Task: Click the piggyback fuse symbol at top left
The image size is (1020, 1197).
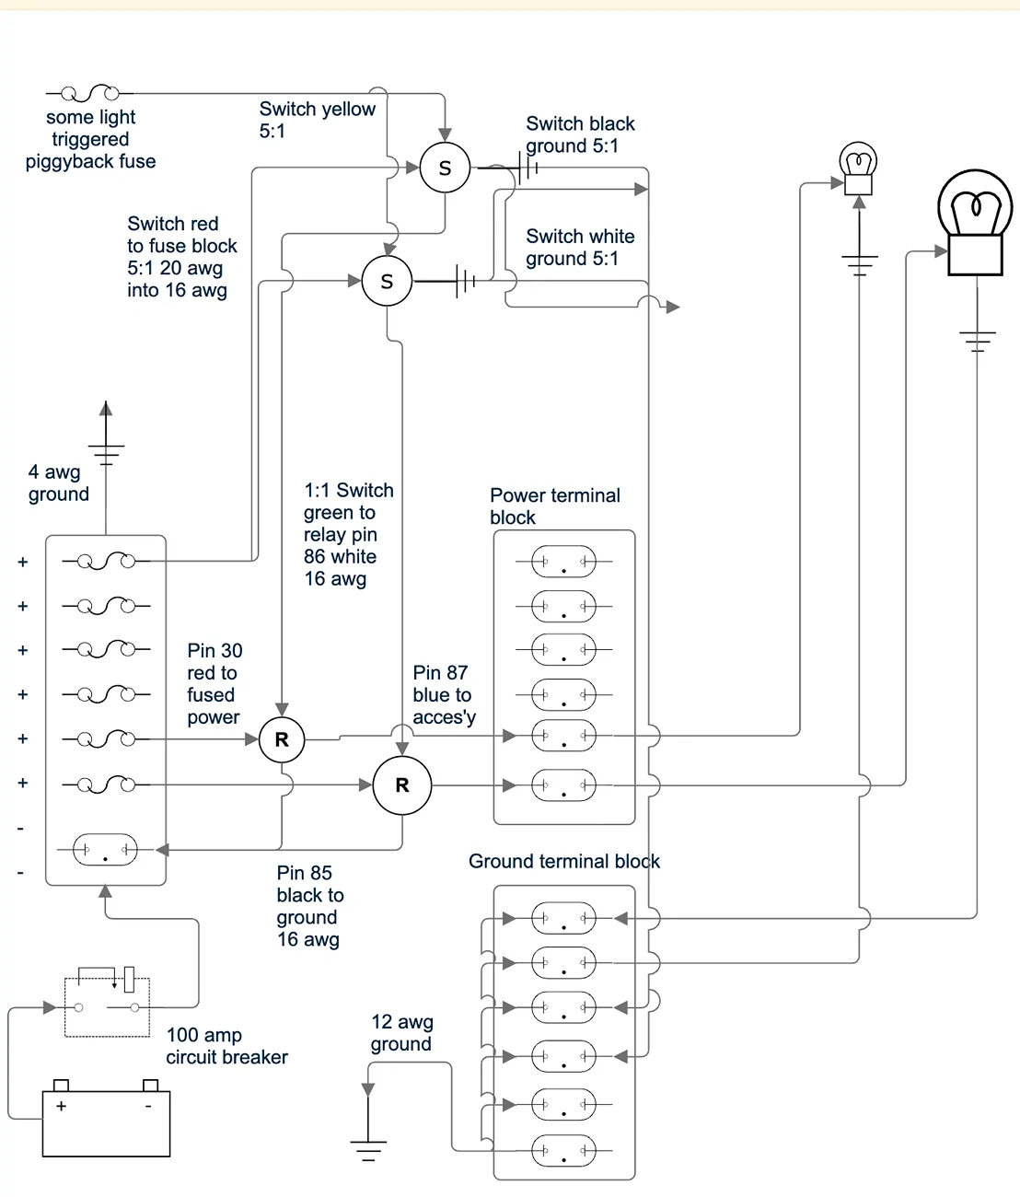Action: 89,93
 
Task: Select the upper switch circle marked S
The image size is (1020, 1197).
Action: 445,169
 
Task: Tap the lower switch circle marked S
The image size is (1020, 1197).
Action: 387,282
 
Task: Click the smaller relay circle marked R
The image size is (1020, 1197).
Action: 282,739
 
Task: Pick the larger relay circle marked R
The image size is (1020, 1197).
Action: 401,785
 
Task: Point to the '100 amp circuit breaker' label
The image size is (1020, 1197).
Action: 226,1046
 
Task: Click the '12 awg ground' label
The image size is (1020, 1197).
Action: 401,1033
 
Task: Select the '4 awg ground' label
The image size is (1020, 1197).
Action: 58,482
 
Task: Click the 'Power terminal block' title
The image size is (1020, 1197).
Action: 554,506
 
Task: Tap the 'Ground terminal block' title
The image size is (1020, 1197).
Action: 563,862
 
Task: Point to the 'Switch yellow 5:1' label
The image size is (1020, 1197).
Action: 317,120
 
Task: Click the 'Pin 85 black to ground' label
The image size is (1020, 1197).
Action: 309,906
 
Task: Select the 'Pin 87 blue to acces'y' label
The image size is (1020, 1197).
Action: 444,695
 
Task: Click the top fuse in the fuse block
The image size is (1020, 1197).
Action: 106,561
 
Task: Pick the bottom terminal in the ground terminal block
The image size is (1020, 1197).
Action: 563,1150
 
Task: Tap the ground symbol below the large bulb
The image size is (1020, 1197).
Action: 977,341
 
